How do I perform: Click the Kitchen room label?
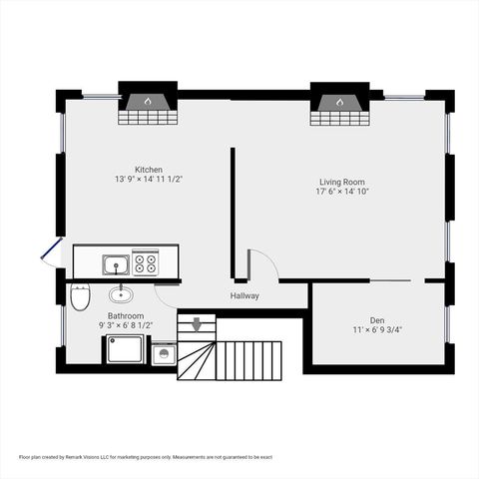click(x=149, y=170)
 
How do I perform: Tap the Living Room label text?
click(x=342, y=182)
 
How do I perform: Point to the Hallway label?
click(x=244, y=295)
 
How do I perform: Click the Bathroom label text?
click(x=126, y=315)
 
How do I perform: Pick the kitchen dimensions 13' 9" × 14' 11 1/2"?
click(x=149, y=180)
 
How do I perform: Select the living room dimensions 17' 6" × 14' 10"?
click(x=342, y=192)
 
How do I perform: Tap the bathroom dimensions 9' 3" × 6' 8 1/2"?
click(x=126, y=325)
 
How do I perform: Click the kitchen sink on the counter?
click(x=116, y=264)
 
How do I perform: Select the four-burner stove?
click(x=146, y=263)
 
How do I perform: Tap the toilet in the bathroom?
click(x=80, y=295)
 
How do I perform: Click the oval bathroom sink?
click(x=121, y=293)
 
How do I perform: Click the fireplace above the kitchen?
click(x=148, y=104)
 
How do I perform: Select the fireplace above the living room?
click(x=339, y=104)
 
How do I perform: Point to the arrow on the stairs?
click(x=197, y=323)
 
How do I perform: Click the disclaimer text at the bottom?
click(x=145, y=457)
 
